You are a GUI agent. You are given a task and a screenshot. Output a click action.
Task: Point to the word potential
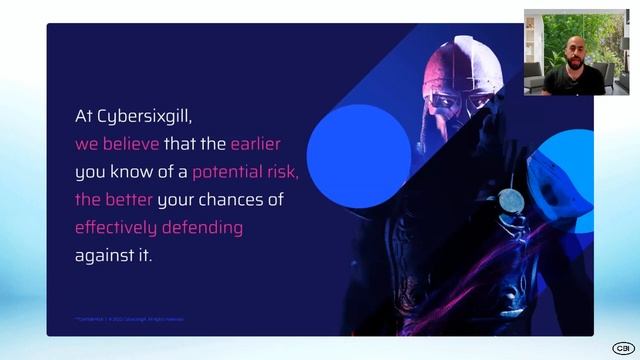tap(232, 171)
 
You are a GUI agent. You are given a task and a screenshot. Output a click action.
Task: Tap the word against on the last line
tap(105, 255)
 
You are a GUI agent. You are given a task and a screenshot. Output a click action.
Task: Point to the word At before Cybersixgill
tap(84, 116)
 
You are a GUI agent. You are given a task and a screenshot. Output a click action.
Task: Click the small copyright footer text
tap(128, 319)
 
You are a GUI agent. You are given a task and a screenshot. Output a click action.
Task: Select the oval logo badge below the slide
tap(622, 348)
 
